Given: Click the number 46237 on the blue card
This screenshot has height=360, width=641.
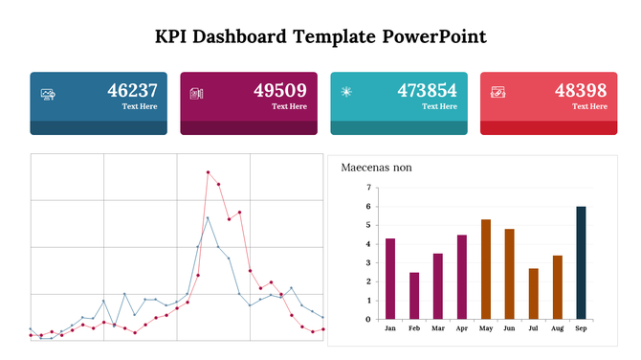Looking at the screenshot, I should click(x=132, y=91).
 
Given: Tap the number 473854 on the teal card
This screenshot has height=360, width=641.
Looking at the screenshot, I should click(x=428, y=91).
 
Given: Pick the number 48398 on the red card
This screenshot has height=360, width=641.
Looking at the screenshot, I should click(x=581, y=91).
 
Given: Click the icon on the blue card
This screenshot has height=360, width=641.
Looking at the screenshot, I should click(x=48, y=93).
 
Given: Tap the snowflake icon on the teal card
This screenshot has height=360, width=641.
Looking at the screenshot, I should click(x=346, y=92).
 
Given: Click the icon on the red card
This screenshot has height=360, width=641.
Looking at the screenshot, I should click(x=497, y=93).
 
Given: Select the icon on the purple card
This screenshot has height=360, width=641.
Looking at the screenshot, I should click(x=197, y=93).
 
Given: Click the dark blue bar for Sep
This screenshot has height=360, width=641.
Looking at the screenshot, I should click(x=581, y=262).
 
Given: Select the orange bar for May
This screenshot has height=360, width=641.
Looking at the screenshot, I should click(x=486, y=269).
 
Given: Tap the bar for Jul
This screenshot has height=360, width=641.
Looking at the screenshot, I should click(x=533, y=293).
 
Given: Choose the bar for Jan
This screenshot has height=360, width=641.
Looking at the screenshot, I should click(x=390, y=279).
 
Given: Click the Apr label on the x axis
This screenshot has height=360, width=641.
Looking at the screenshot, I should click(x=462, y=328).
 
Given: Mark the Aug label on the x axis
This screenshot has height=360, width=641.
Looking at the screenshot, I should click(x=557, y=328).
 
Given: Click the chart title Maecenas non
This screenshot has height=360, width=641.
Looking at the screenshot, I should click(x=376, y=168).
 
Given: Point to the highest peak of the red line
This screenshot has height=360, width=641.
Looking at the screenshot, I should click(x=208, y=172).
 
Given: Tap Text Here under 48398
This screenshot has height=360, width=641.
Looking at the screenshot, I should click(x=589, y=106).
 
